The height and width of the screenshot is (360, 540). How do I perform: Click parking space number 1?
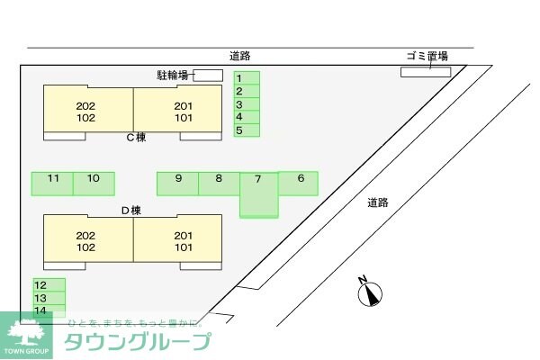247,78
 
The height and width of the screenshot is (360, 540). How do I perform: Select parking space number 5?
247,130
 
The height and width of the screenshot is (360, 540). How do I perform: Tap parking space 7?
259,193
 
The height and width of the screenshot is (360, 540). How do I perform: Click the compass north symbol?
370,291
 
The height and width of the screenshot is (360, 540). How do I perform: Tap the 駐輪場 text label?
171,76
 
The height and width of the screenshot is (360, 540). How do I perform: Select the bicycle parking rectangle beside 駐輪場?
208,75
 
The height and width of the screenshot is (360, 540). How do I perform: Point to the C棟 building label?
136,138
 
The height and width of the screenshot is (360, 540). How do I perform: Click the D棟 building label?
131,211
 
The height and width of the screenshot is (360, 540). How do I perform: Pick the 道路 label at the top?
239,56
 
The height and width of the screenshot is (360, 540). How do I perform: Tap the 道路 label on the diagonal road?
378,202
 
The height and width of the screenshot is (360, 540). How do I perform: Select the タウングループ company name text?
137,342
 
